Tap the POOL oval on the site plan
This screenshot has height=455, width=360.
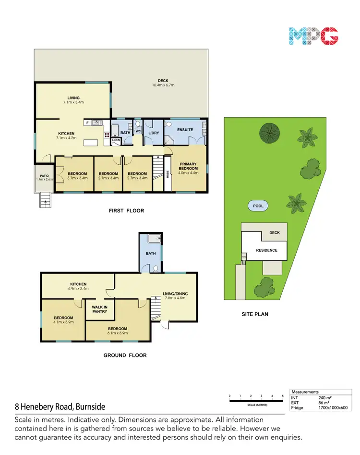point(258,206)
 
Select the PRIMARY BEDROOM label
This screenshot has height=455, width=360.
point(188,166)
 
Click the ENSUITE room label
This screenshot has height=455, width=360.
point(185,130)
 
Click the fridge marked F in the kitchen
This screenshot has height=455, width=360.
point(87,123)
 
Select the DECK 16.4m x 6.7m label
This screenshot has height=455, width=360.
point(163,83)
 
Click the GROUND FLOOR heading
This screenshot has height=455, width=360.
point(125,356)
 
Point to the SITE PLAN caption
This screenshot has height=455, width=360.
point(254,314)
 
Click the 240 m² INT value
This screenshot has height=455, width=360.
point(325,398)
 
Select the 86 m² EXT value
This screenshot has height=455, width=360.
point(324,403)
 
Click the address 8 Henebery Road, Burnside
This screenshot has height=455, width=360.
point(60,406)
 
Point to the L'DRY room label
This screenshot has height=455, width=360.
point(154,132)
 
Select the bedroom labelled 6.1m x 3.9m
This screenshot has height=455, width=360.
point(117,331)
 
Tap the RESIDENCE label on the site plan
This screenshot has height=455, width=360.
point(266,250)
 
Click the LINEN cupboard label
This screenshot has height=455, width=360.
point(116,140)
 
